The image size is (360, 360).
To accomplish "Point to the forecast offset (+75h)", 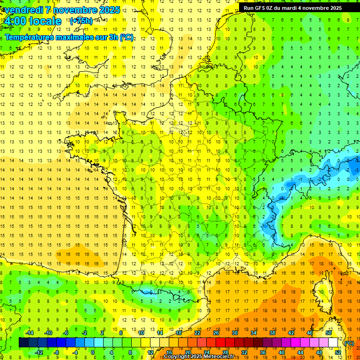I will pos(81,21).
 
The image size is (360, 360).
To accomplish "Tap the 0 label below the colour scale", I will pos(93,352).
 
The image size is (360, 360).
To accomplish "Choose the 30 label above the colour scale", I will pos(235,333).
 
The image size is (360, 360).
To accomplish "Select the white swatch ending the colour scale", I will pos(333,343).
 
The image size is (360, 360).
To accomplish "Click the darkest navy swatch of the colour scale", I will pos(23,343).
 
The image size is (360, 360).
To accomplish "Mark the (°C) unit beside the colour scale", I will pos(349,343).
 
